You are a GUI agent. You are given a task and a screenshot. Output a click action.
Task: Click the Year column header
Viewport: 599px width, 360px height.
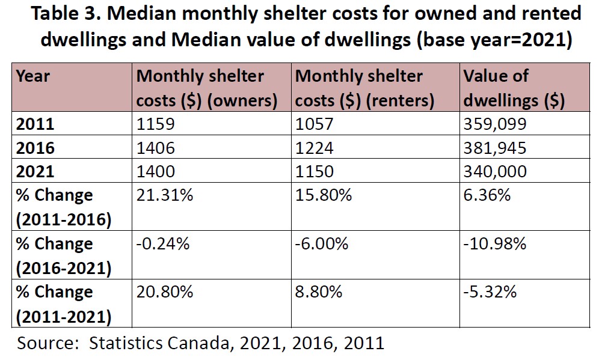coord(33,76)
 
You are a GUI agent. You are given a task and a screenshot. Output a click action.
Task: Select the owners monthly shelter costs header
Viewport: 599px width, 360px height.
coord(207,88)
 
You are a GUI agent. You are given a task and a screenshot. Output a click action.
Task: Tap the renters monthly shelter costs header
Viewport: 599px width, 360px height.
coord(365,88)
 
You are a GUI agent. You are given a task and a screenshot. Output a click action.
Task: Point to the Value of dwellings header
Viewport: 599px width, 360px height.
coord(514,88)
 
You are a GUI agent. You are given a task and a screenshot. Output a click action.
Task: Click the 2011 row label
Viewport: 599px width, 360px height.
coord(35,124)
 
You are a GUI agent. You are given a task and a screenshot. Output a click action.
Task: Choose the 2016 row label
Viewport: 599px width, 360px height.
coord(35,148)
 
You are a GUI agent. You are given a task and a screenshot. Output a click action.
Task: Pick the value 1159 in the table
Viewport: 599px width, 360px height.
coord(156,124)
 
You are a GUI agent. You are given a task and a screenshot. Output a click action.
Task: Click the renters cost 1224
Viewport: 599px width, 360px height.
coord(315,148)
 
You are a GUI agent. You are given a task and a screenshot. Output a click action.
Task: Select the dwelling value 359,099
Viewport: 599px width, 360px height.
coord(495,124)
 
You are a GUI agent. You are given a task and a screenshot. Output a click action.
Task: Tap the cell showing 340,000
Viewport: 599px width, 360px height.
coord(495,171)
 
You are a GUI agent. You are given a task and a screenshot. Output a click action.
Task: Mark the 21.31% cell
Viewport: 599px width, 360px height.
coord(165,195)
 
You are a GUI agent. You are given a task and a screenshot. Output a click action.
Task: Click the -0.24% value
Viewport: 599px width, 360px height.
coord(163,243)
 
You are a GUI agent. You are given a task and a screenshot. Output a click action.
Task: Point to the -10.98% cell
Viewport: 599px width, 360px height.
coord(495,243)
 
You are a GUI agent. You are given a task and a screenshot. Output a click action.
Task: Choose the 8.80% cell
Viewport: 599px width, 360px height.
coord(319,292)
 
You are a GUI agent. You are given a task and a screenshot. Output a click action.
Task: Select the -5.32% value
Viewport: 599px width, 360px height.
coord(490,292)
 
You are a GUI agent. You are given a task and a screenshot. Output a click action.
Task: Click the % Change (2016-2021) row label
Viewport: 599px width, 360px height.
coord(63,256)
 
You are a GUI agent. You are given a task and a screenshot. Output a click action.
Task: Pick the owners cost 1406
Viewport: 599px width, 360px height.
coord(156,148)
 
